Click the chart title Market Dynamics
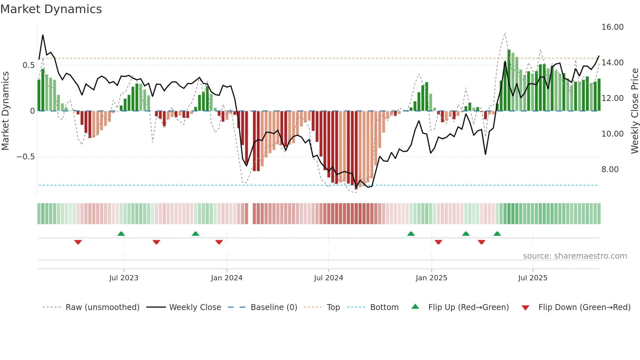point(51,9)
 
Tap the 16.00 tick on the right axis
point(612,27)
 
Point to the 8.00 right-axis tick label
point(610,170)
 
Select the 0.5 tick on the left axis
point(28,65)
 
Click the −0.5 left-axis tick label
point(25,157)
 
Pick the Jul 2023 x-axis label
point(124,278)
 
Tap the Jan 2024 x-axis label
point(227,278)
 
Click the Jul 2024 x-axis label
point(328,278)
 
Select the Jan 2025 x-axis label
point(431,278)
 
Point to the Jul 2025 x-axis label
point(533,278)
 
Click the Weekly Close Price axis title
point(634,111)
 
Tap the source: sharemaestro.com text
point(575,256)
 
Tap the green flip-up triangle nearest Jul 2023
point(121,234)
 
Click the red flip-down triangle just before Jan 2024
point(219,242)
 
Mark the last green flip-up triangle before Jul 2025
point(497,234)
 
